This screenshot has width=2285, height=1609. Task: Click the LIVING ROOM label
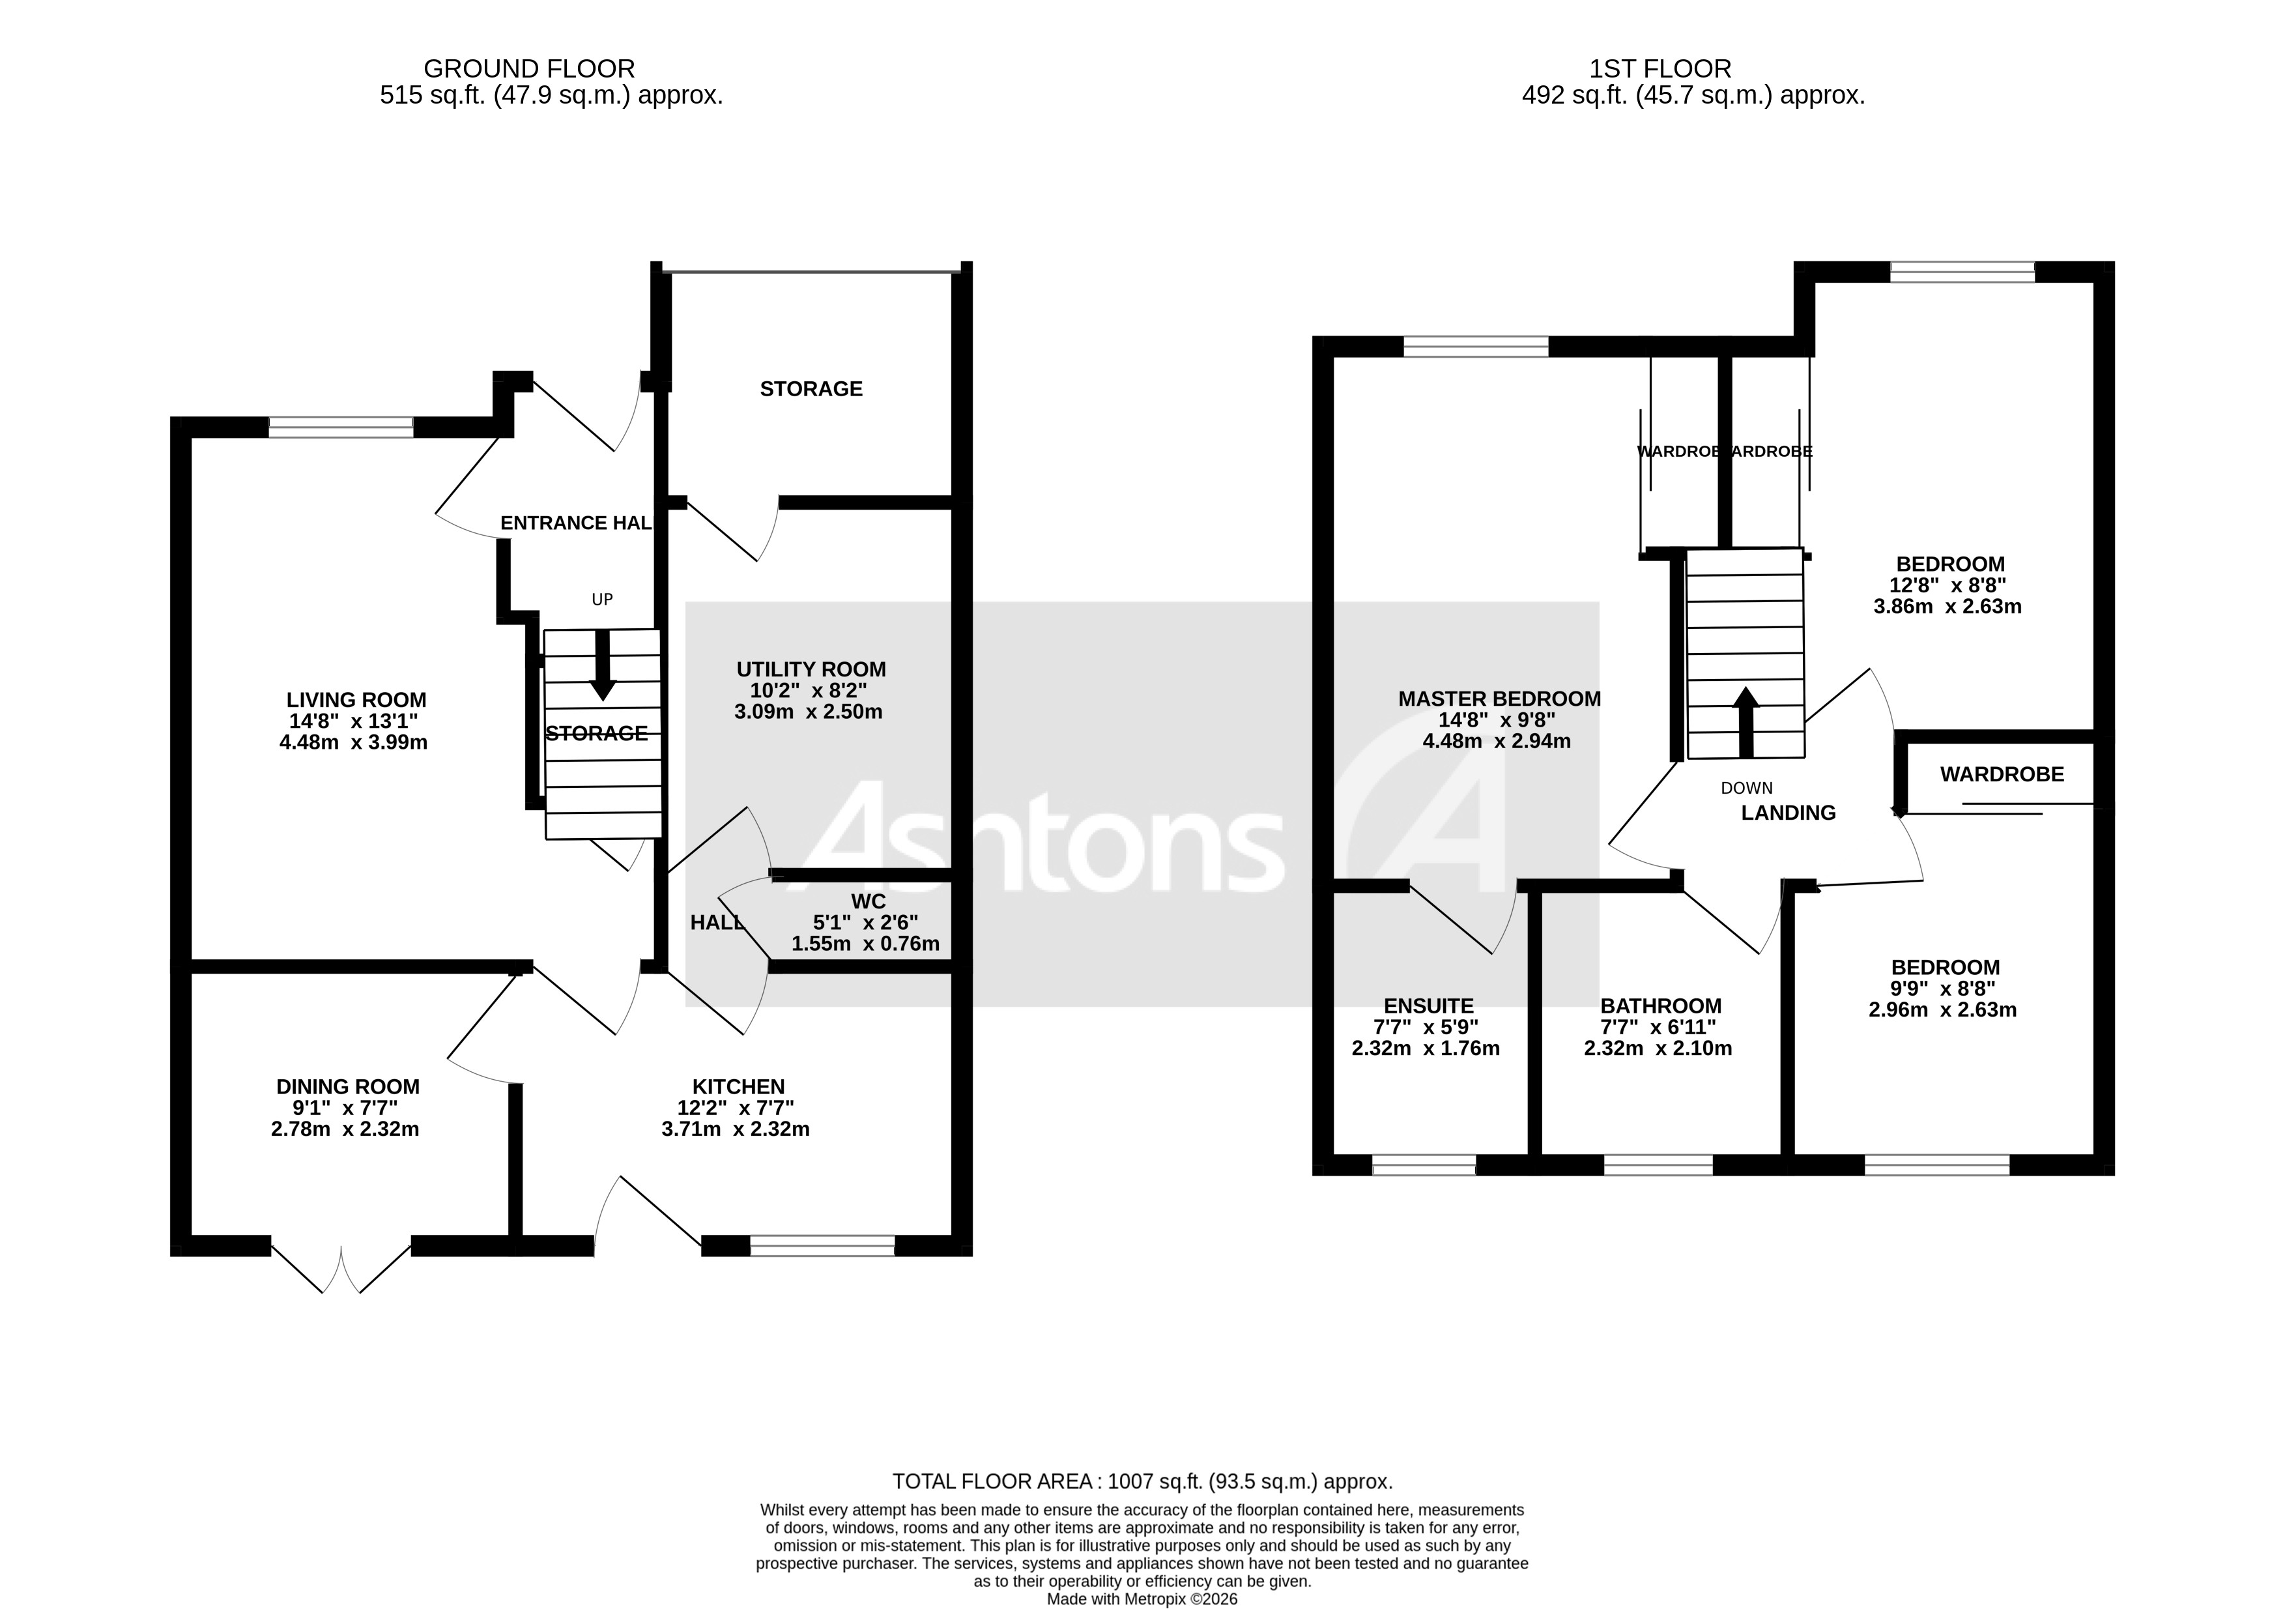[356, 700]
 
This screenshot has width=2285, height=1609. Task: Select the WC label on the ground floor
[868, 902]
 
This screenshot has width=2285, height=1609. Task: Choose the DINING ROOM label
[347, 1087]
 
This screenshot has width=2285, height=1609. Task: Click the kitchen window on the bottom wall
[822, 1245]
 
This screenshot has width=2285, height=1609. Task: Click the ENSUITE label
[1428, 1006]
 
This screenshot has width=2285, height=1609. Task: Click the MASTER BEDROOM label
[1499, 699]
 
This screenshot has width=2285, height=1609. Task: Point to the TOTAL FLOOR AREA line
[1142, 1481]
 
